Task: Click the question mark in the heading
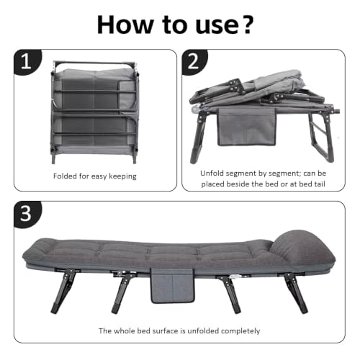coord(246,24)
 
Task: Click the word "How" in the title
coord(125,24)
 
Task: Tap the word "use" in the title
coord(216,27)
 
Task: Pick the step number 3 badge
coord(27,214)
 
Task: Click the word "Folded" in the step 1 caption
coord(65,176)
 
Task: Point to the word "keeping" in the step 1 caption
coord(122,176)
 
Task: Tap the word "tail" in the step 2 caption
coord(320,184)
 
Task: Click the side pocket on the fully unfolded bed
coord(172,286)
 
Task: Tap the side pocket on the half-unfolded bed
coord(247,127)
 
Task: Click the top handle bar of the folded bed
coord(94,63)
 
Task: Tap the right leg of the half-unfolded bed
coord(320,136)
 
